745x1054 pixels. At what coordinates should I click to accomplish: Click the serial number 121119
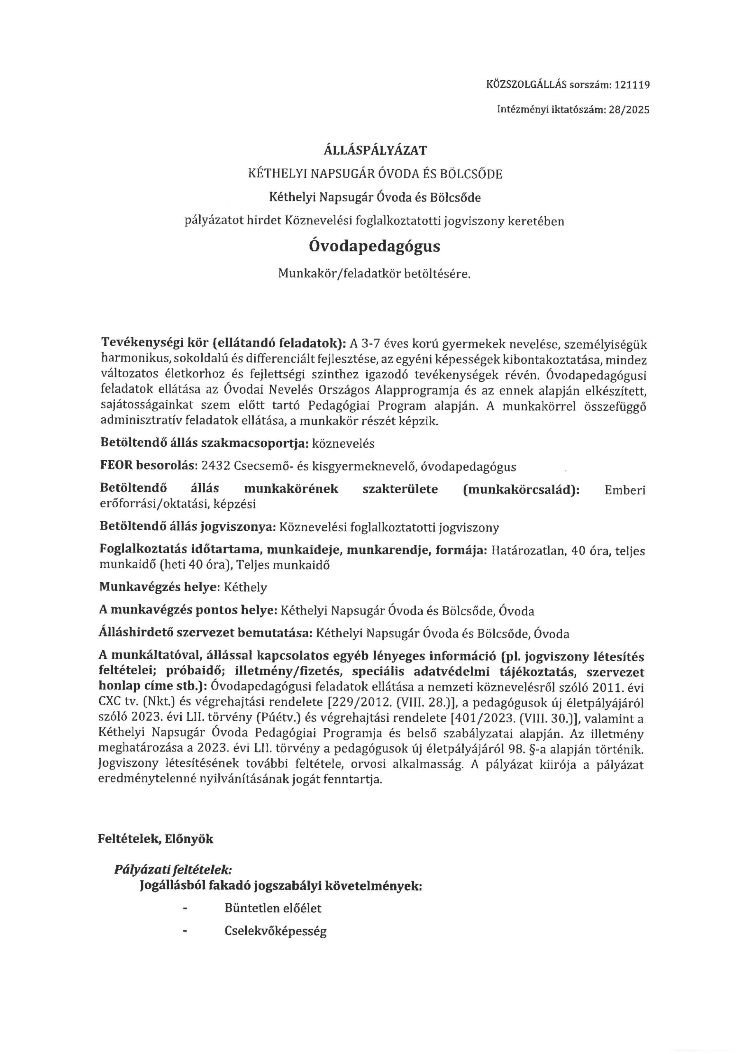(632, 85)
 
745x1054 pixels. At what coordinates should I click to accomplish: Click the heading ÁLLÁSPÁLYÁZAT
(375, 150)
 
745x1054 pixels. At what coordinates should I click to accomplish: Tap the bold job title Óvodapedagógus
(375, 247)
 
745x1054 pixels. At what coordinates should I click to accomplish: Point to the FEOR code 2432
(214, 467)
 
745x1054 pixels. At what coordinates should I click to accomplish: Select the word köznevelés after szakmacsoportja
(343, 444)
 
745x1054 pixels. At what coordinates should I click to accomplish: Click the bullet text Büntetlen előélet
(273, 908)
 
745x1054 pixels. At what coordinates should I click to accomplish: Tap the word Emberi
(625, 490)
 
